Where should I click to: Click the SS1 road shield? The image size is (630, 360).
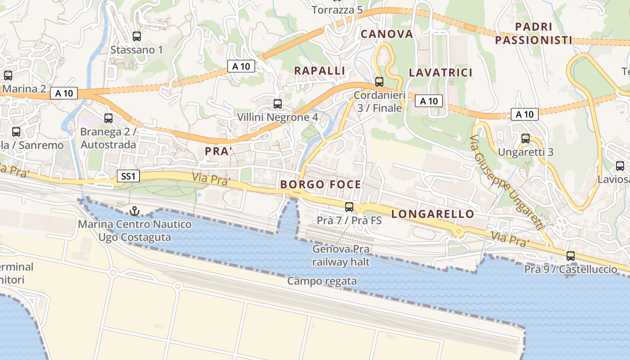(x=128, y=176)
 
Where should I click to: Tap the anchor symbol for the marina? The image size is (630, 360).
(x=134, y=211)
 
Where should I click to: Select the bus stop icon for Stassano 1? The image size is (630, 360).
(x=137, y=36)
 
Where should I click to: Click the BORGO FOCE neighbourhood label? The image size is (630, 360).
(x=320, y=184)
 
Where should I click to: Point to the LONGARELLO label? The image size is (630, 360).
(x=433, y=214)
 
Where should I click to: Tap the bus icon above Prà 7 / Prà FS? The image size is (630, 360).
(x=349, y=207)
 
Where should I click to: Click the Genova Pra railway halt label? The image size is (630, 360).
(x=341, y=255)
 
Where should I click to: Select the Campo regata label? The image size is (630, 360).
(x=322, y=281)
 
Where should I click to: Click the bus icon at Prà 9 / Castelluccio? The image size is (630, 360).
(x=571, y=256)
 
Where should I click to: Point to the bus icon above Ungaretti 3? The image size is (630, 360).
(x=525, y=139)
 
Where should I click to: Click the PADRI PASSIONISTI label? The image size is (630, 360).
(x=533, y=34)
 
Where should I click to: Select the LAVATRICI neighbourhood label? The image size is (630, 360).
(x=441, y=73)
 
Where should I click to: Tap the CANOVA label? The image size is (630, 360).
(x=387, y=34)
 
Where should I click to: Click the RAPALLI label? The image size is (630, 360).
(x=319, y=71)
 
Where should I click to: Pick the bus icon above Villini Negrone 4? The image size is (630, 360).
(x=278, y=104)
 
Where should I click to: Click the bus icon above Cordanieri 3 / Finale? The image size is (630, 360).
(x=379, y=82)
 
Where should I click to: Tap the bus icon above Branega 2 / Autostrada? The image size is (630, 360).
(x=108, y=118)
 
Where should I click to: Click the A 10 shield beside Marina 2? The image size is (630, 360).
(x=64, y=93)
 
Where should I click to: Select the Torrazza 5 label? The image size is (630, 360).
(x=337, y=10)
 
